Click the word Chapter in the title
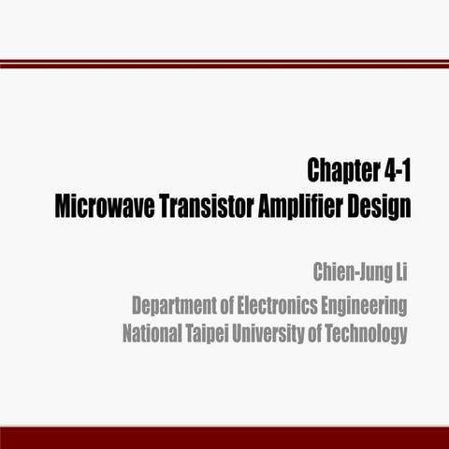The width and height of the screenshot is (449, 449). click(340, 171)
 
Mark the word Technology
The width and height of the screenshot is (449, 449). click(369, 333)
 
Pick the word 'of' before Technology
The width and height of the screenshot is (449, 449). click(323, 333)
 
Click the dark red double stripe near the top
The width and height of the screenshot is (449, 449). click(224, 63)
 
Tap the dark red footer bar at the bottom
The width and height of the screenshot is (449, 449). click(224, 438)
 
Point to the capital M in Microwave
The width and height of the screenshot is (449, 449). click(64, 206)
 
